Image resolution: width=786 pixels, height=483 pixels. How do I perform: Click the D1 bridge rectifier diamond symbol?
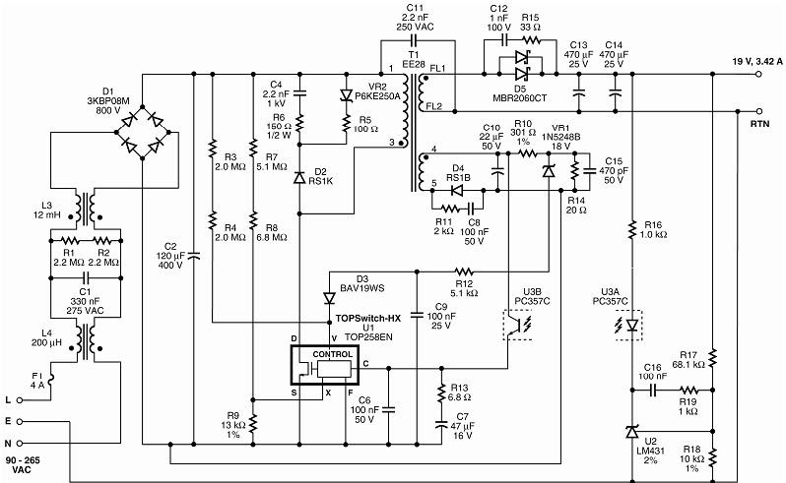click(x=143, y=131)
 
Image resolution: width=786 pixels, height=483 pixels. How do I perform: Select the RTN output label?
click(x=758, y=124)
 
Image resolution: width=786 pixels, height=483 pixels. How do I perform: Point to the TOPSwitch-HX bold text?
click(x=367, y=318)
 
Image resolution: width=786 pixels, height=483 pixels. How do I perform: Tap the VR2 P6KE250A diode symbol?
click(x=347, y=95)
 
